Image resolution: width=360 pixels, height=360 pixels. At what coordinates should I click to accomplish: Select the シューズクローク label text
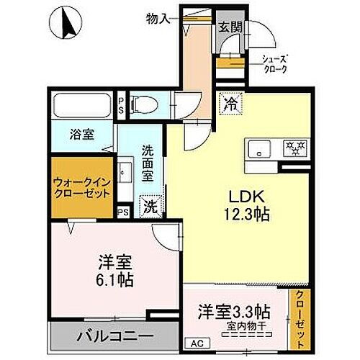(x=274, y=64)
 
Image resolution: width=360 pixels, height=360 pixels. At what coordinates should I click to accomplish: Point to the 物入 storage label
(x=158, y=17)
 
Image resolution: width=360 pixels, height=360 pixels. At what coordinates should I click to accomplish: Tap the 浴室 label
(x=81, y=134)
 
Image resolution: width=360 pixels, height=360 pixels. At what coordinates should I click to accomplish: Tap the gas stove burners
(x=294, y=148)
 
